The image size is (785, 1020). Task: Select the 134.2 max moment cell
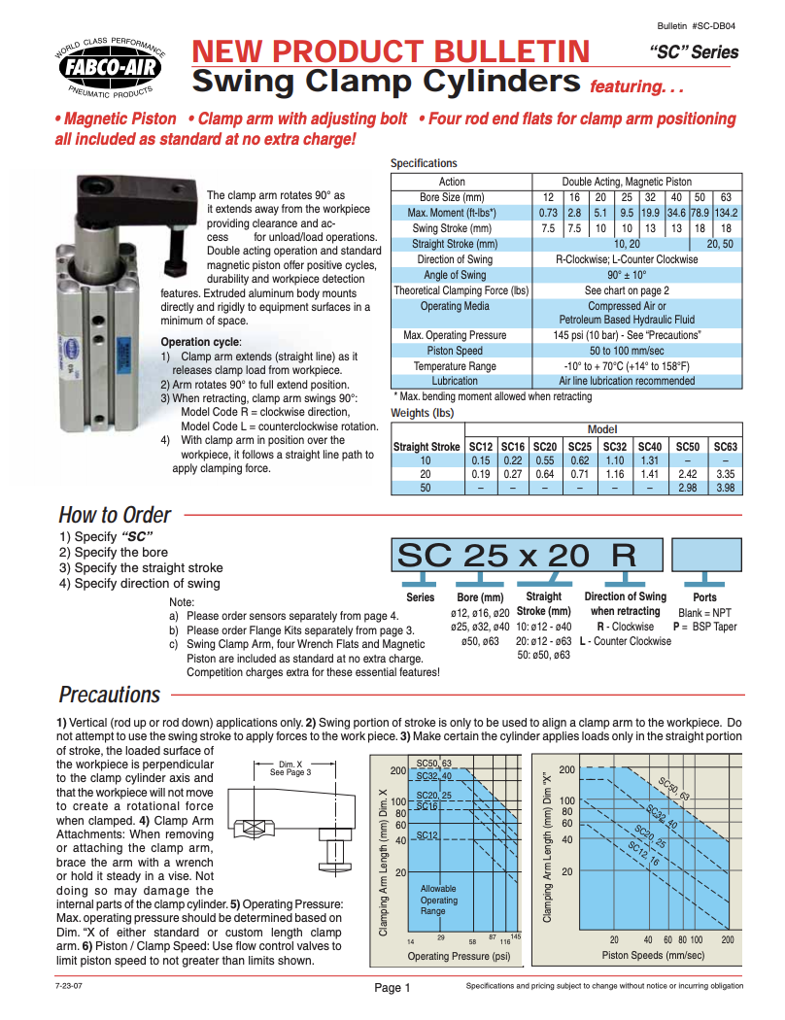point(726,213)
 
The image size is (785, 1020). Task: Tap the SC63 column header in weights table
point(725,446)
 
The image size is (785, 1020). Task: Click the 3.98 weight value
point(725,487)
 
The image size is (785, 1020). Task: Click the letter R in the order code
point(623,555)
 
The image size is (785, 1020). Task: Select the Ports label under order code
point(704,597)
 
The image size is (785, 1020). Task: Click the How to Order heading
point(114,515)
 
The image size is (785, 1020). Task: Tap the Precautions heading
point(109,695)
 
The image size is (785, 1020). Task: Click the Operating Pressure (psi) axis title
point(459,956)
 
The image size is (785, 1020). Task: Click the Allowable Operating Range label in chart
point(439,901)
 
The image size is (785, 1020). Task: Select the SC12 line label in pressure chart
point(428,834)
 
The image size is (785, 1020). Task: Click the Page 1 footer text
point(392,988)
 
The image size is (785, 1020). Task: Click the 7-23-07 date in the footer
point(70,986)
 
